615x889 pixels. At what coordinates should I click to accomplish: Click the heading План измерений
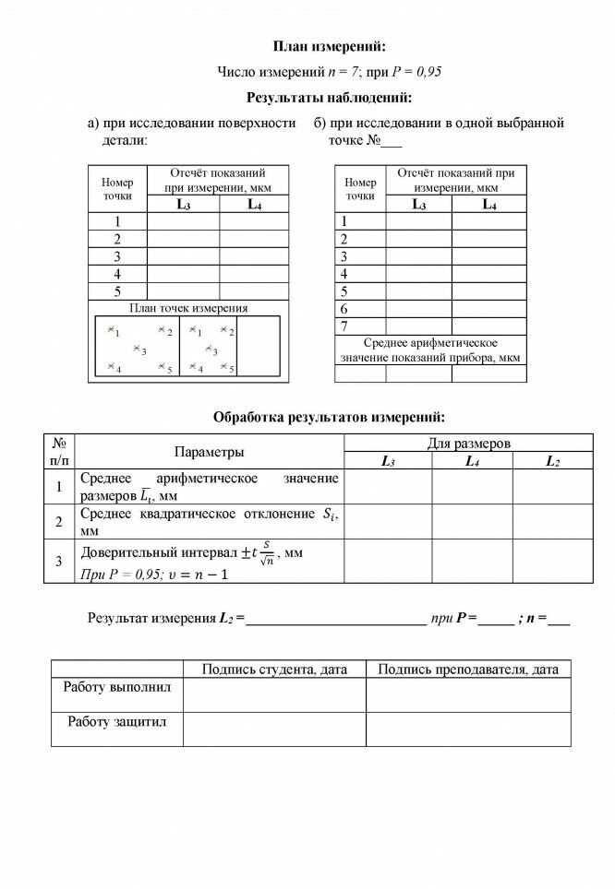point(329,46)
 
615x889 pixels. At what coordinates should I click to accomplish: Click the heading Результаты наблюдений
point(329,98)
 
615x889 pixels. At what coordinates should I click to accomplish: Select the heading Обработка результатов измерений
point(329,417)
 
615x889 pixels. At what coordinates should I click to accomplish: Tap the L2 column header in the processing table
point(552,461)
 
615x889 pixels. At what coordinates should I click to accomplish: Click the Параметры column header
point(210,452)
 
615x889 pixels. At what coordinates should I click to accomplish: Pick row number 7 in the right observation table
point(344,326)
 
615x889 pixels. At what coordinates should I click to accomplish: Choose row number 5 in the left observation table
point(117,291)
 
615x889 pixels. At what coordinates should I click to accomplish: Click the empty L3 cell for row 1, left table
point(183,221)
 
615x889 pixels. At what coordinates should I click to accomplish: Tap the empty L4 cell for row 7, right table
point(488,326)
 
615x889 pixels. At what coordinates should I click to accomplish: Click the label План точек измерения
point(188,308)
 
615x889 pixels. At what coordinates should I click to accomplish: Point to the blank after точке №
point(392,143)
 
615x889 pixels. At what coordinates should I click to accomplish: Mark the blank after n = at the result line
point(559,620)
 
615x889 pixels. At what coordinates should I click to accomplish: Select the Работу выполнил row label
point(116,687)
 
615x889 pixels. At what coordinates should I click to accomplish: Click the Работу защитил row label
point(116,722)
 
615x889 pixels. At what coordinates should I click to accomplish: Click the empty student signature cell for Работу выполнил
point(273,694)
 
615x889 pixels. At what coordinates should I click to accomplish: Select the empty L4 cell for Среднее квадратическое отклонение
point(472,521)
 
